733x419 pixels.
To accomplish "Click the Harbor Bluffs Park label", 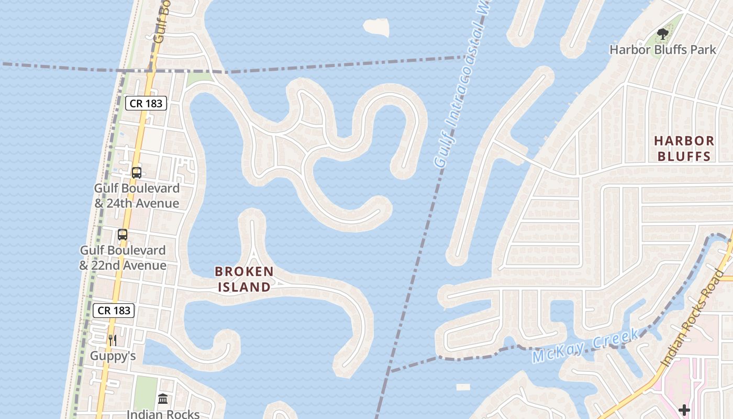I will [662, 50].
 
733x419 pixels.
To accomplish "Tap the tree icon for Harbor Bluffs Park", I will [663, 35].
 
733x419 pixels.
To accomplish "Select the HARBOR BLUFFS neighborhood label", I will [684, 148].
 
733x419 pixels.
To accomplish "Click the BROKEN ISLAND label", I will [245, 279].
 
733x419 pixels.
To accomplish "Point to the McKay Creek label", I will [585, 346].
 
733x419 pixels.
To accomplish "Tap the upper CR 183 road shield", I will [146, 103].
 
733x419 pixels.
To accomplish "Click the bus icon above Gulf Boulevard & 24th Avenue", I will [137, 172].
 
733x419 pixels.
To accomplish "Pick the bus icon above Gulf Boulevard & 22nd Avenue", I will [123, 235].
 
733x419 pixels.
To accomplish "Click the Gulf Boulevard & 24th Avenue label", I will [137, 195].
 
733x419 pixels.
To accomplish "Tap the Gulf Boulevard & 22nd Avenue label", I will [123, 258].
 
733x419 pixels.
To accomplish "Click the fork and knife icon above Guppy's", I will [113, 340].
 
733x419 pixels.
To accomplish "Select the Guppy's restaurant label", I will [113, 356].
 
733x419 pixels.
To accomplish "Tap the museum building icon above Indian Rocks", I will [163, 399].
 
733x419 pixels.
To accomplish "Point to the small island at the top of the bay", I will [377, 27].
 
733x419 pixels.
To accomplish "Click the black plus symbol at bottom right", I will [684, 410].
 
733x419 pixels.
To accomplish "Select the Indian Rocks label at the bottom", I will [163, 414].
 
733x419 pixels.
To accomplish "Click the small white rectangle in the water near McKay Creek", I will [463, 388].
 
